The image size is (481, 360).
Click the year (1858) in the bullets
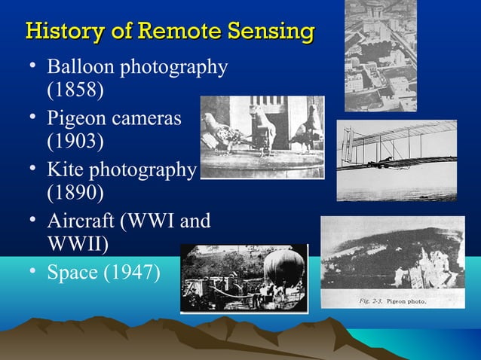(75, 91)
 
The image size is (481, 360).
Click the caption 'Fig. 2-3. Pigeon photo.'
(391, 301)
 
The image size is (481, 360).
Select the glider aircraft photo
(396, 160)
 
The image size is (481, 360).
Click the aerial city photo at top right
(381, 54)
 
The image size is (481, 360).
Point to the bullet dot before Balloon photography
(33, 66)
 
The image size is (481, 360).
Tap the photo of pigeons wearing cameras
(262, 137)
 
